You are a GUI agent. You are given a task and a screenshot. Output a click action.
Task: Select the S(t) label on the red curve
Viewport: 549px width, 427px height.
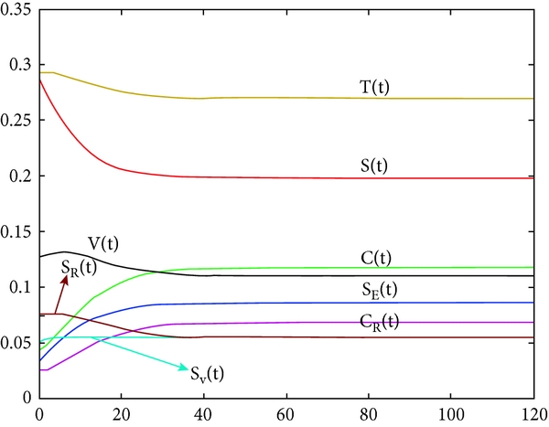373,166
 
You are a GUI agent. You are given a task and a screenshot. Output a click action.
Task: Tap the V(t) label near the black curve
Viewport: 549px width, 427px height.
103,243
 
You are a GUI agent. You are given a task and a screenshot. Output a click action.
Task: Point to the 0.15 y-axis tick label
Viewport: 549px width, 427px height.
16,231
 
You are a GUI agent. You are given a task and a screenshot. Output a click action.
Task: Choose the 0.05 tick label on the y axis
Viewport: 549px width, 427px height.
16,342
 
